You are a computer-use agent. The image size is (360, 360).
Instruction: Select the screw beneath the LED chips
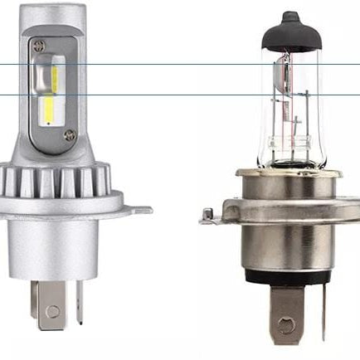[x=70, y=135]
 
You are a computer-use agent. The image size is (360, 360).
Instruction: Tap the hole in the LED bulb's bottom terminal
[x=52, y=310]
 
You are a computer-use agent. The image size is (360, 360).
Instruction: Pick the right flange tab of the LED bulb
[x=143, y=210]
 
